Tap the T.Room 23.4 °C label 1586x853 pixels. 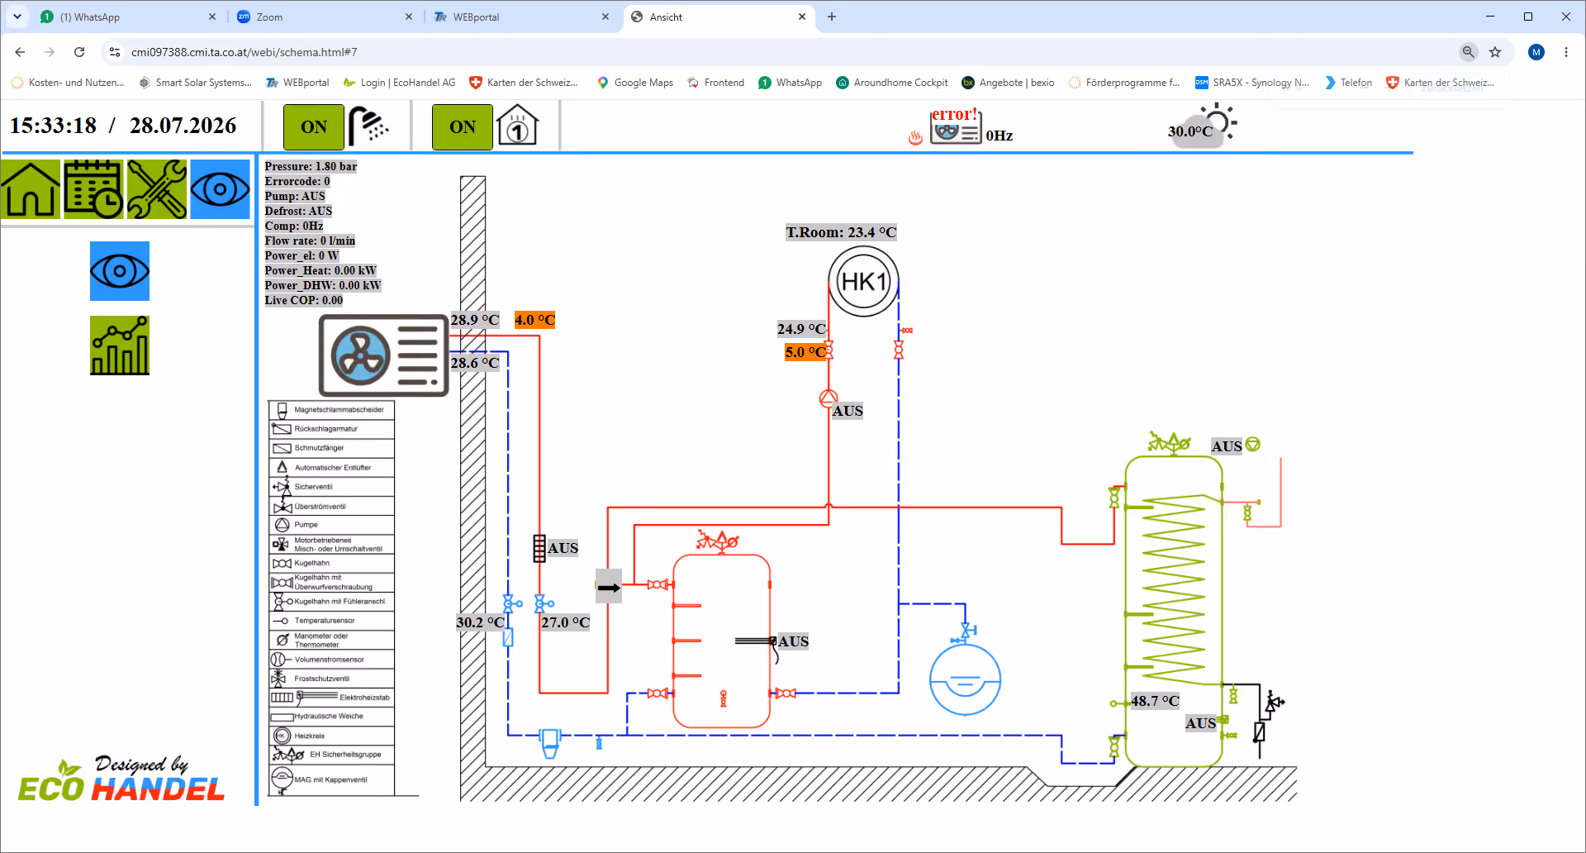(841, 232)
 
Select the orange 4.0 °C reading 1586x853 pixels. (534, 320)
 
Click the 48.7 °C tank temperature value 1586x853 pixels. (1155, 701)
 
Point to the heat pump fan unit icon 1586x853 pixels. (383, 355)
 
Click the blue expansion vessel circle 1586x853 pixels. (965, 679)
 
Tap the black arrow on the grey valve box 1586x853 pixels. (609, 588)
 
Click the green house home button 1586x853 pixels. (31, 189)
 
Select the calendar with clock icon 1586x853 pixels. (93, 189)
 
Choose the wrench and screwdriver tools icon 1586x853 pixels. (157, 189)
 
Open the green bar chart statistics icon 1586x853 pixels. (120, 345)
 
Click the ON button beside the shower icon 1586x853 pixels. (314, 127)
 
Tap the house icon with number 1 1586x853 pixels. (518, 126)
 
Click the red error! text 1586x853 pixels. (954, 114)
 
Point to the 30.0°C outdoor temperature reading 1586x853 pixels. (1189, 131)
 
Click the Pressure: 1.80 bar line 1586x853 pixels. (311, 166)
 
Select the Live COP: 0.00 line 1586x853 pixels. (303, 300)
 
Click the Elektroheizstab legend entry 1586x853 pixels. (331, 698)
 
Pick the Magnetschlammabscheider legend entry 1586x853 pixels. (331, 410)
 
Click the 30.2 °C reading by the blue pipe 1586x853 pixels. (480, 622)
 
